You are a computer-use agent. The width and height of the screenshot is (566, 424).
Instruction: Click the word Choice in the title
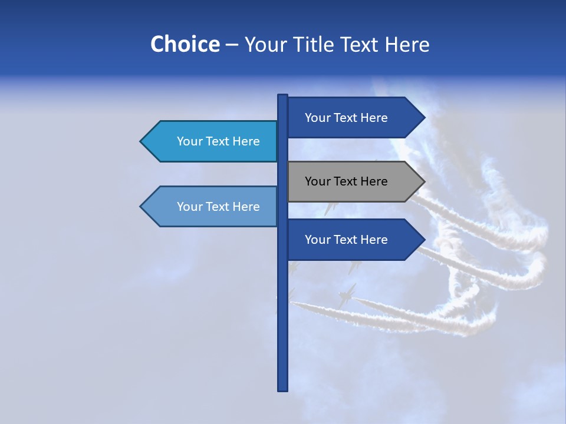click(x=185, y=44)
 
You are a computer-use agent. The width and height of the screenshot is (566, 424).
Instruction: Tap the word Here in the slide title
click(x=407, y=44)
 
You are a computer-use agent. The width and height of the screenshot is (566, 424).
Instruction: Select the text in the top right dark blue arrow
click(x=346, y=118)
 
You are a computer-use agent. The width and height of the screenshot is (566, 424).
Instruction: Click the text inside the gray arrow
click(x=346, y=181)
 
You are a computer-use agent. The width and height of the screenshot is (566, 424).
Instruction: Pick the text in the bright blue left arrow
click(x=218, y=141)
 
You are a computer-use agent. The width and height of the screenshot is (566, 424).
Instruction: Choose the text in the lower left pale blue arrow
click(x=218, y=207)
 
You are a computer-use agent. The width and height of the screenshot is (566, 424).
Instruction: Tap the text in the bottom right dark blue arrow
click(x=346, y=240)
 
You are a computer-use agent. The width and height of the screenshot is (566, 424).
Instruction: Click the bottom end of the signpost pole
click(x=283, y=389)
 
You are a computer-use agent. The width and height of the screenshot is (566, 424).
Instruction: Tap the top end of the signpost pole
click(x=283, y=97)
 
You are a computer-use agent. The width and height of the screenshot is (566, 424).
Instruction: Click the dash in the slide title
click(x=232, y=45)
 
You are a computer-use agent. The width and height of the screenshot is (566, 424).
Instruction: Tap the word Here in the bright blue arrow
click(x=247, y=141)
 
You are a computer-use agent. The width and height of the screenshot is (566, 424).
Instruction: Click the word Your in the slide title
click(x=265, y=44)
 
